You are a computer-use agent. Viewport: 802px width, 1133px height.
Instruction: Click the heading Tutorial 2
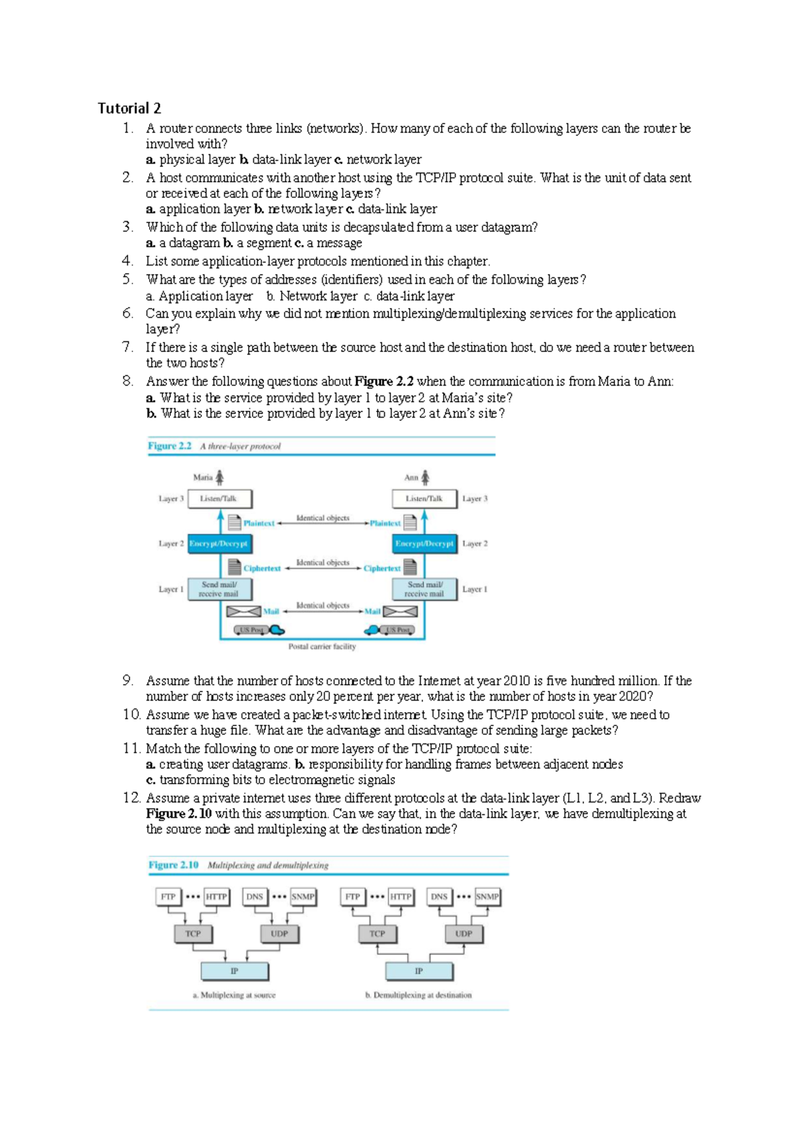[129, 108]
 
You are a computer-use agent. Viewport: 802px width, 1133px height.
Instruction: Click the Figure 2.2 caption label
[170, 446]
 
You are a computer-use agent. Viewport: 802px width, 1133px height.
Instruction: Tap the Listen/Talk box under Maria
[220, 498]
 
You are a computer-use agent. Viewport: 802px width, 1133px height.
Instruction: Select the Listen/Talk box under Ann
[424, 498]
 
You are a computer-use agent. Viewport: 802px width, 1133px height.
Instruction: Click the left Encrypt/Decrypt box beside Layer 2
[219, 544]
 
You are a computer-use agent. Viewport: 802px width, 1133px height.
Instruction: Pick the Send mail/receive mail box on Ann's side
[424, 589]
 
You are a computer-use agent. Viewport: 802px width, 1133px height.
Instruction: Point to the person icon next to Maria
[219, 477]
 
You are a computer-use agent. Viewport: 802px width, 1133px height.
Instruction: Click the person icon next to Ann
[425, 477]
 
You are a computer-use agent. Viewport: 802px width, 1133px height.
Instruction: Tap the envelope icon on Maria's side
[243, 611]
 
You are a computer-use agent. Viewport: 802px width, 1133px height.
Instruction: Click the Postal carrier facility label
[322, 647]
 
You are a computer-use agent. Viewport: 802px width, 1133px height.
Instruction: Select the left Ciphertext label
[262, 569]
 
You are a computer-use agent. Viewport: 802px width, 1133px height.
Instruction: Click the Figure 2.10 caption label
[174, 865]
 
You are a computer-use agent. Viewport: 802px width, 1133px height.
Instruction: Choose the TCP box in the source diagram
[192, 934]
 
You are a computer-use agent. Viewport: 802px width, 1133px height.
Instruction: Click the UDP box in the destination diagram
[463, 934]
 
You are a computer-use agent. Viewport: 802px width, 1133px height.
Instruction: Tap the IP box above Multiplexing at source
[235, 971]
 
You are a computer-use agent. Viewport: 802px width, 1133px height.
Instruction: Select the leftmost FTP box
[168, 897]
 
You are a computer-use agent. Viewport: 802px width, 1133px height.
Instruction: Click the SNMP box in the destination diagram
[487, 897]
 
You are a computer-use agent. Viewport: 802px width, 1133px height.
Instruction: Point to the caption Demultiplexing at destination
[419, 995]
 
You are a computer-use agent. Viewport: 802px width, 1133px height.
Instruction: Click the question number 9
[128, 681]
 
